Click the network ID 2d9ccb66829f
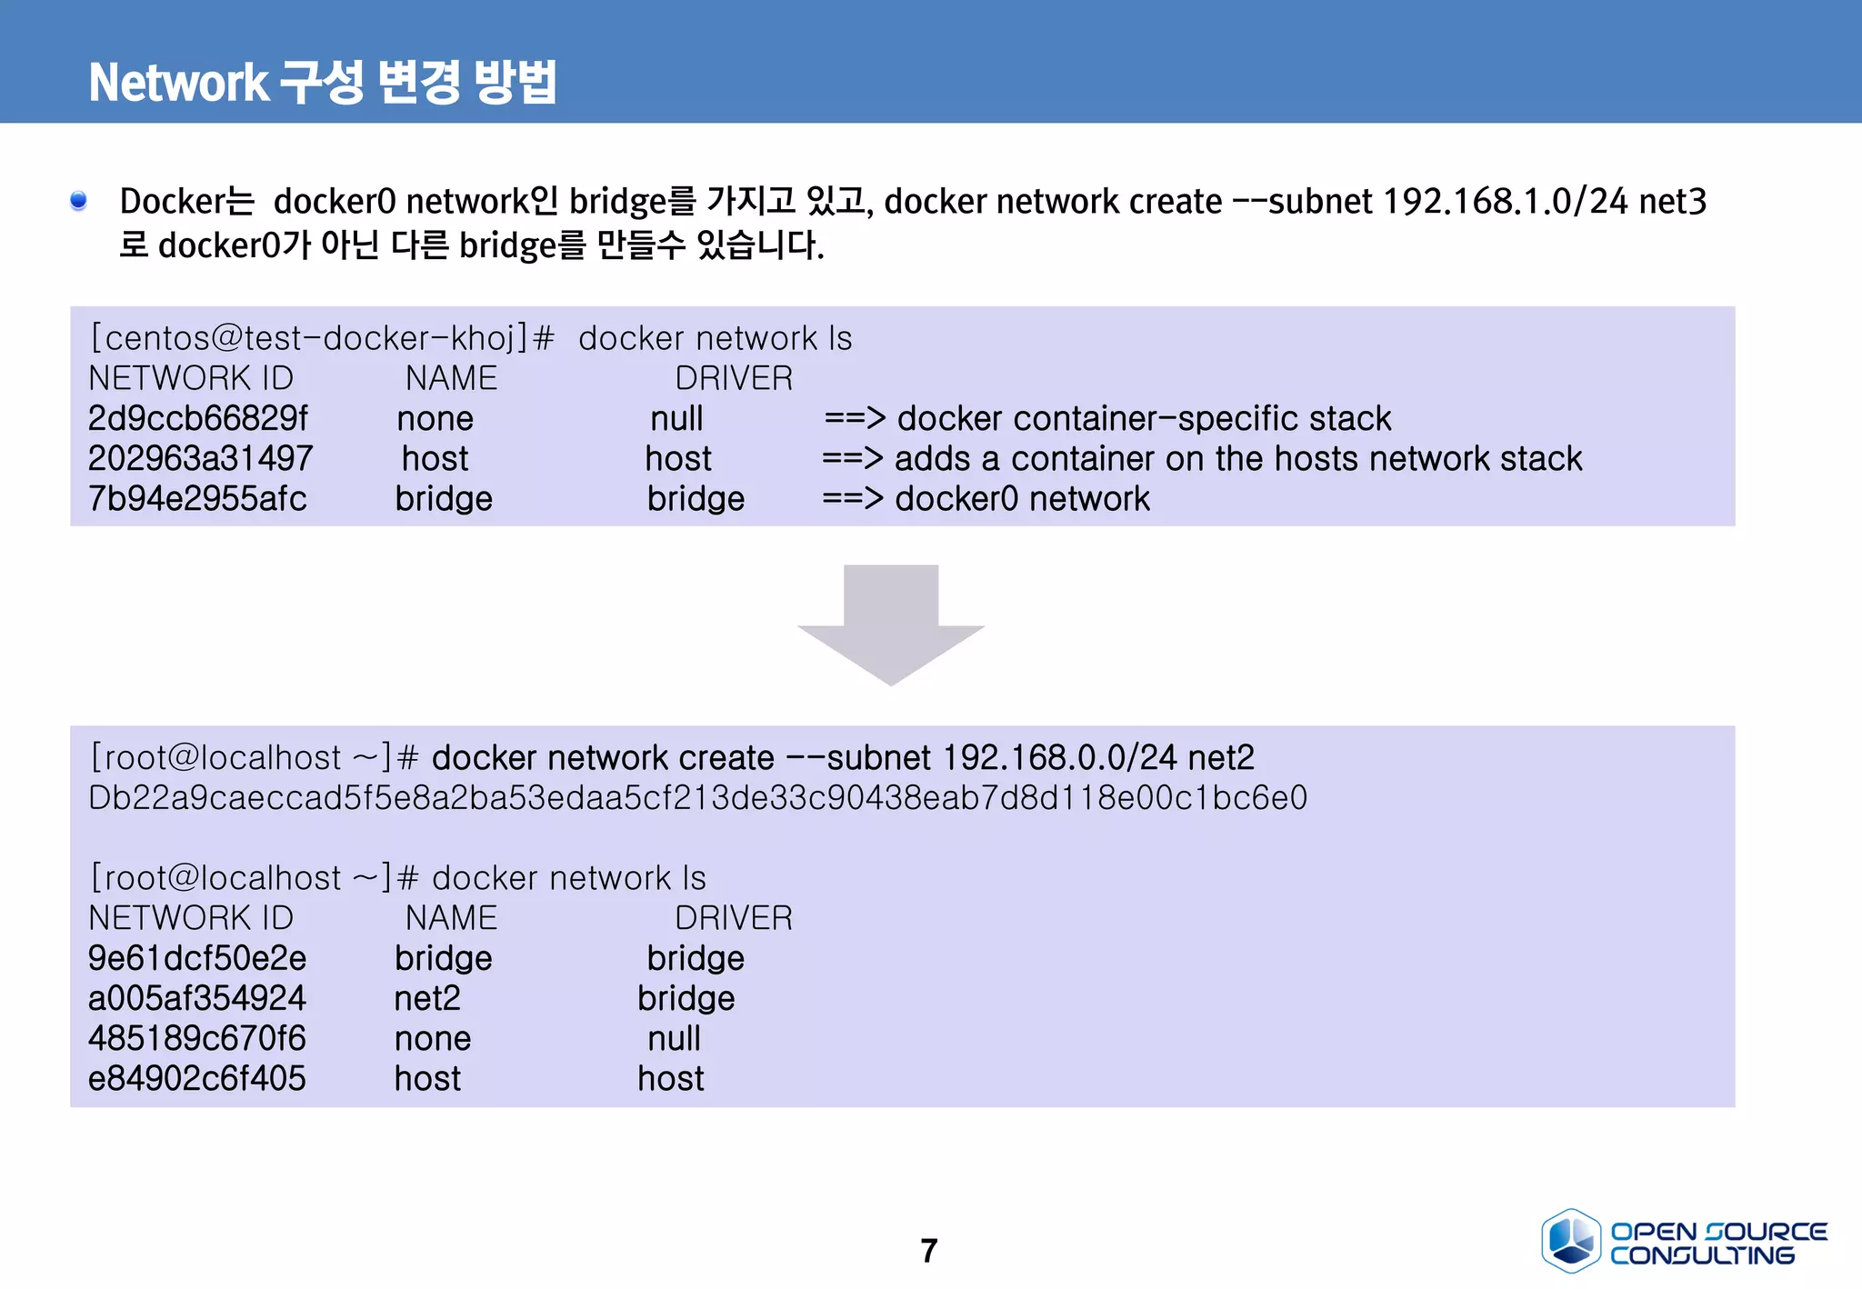[x=197, y=418]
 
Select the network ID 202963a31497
[x=200, y=458]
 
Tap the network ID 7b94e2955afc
[x=197, y=498]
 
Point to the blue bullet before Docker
[x=79, y=200]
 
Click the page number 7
[x=928, y=1251]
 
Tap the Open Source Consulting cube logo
[x=1570, y=1240]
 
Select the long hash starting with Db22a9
[x=697, y=798]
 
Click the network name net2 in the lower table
[x=427, y=998]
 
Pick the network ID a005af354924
[x=197, y=998]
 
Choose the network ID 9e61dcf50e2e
[x=197, y=958]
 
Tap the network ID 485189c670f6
[x=197, y=1038]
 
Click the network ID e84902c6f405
[x=197, y=1078]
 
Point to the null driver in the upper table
[x=676, y=418]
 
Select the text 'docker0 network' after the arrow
[x=1022, y=498]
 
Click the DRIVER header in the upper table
[x=734, y=378]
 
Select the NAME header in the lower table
[x=451, y=918]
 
